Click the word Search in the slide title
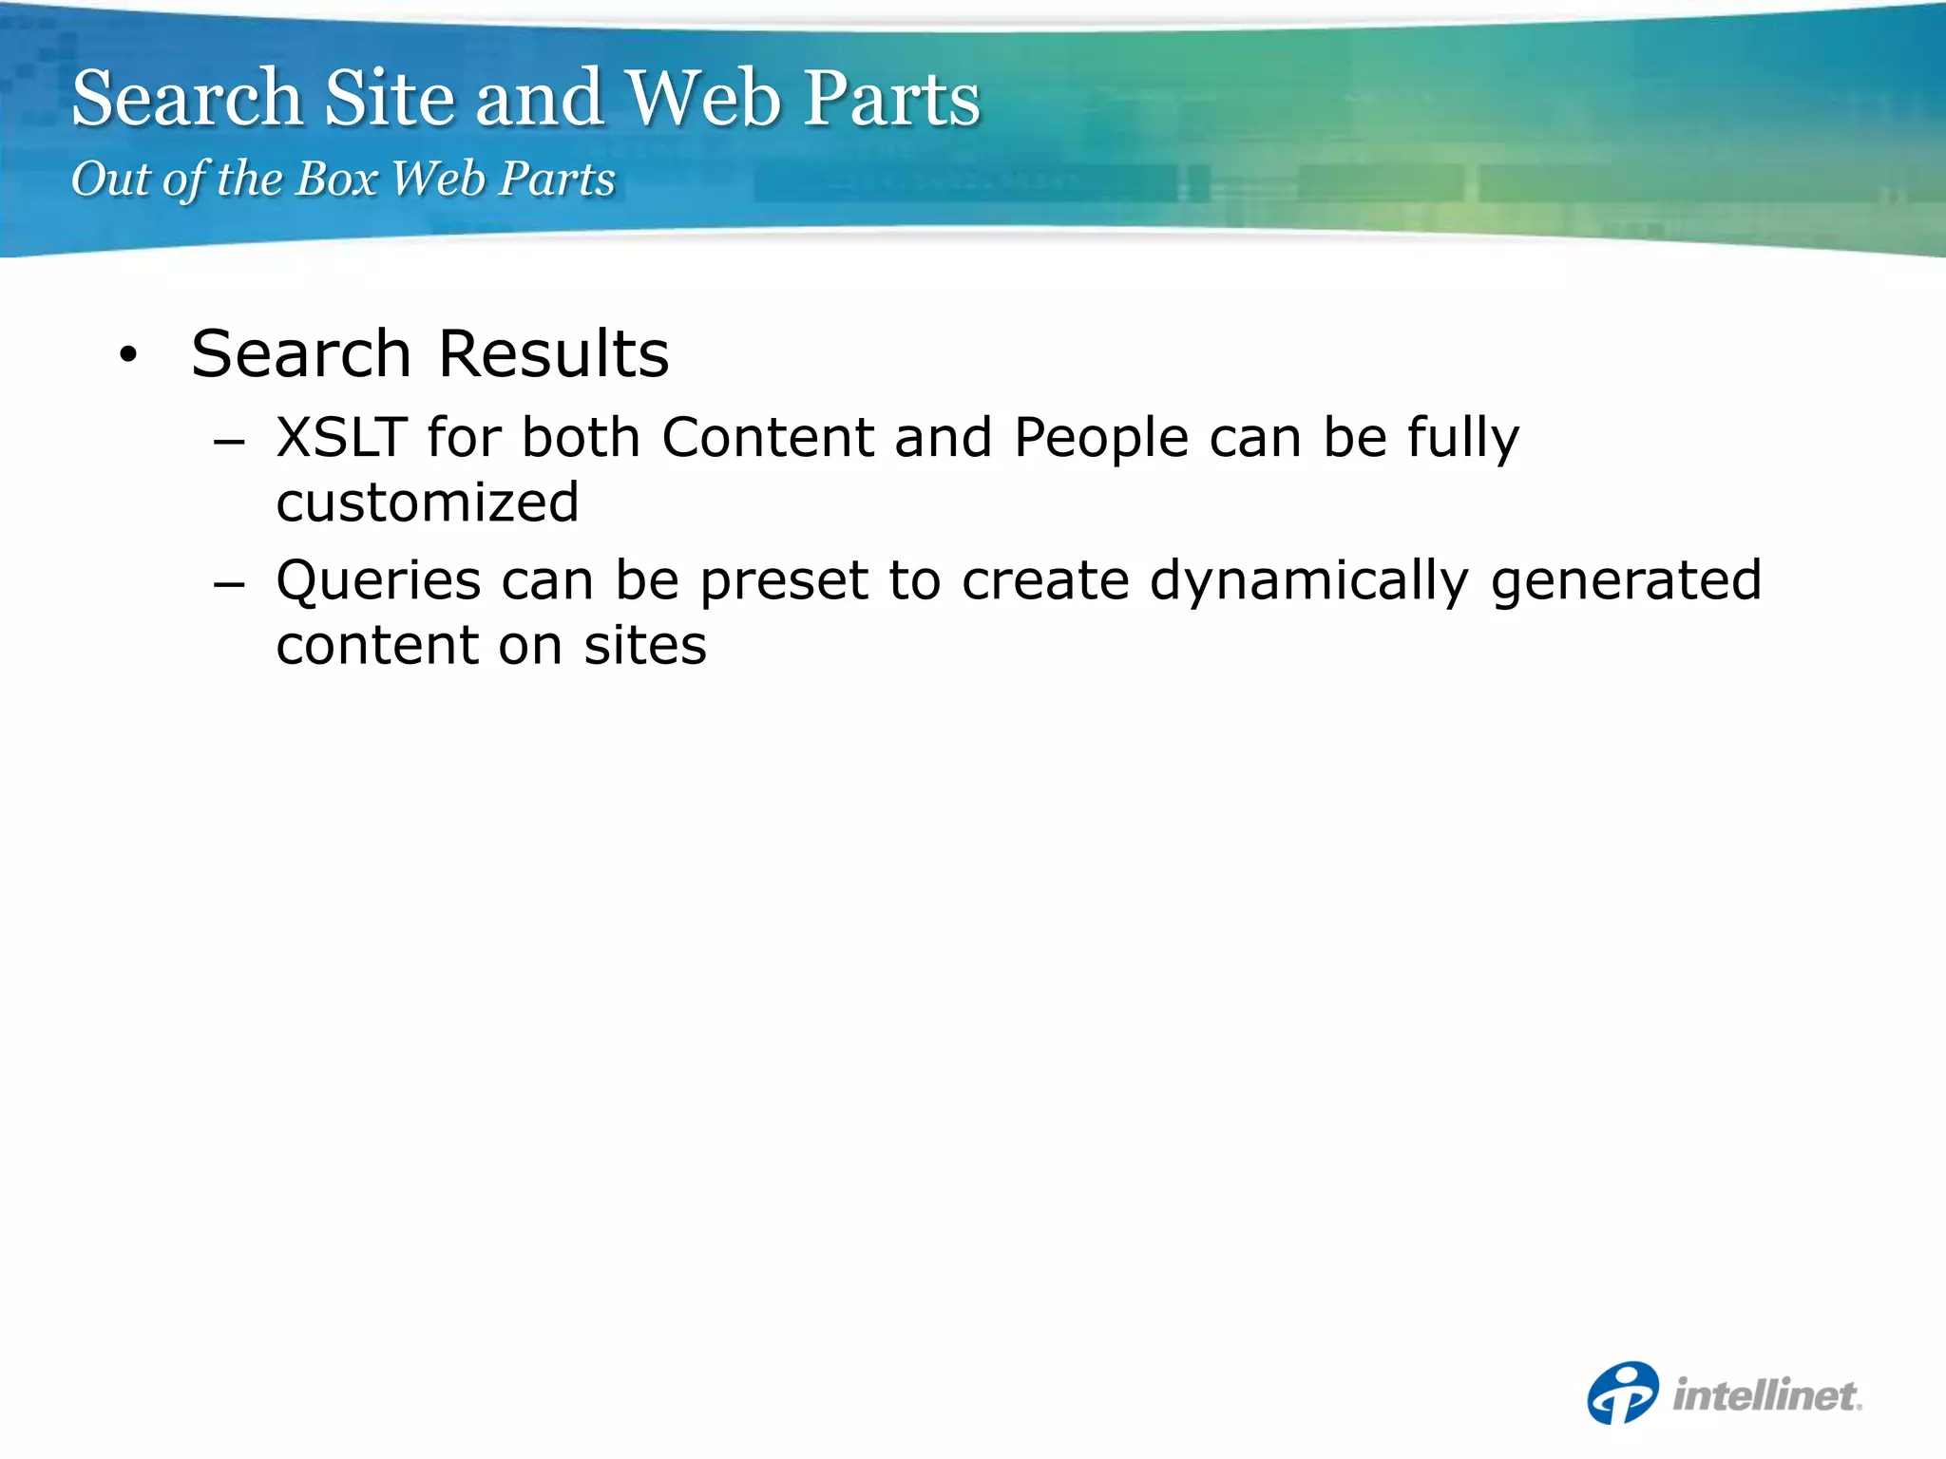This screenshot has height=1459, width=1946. (187, 98)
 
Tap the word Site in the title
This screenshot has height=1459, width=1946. (390, 98)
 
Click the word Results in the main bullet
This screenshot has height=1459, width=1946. (554, 354)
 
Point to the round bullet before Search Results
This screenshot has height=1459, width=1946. (128, 356)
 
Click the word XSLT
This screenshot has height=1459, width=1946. (341, 438)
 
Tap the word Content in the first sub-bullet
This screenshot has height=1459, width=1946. (768, 438)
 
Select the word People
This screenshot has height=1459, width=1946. (1101, 438)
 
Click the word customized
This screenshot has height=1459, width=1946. (428, 502)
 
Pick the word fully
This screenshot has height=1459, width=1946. (1463, 440)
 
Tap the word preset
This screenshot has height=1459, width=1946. (784, 582)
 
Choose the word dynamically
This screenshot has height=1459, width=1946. (1309, 582)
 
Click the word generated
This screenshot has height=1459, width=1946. (1626, 582)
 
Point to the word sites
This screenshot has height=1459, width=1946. (645, 646)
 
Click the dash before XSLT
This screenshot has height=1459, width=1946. (229, 443)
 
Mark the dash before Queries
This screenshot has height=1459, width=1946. (229, 585)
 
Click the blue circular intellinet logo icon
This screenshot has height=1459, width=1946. (1623, 1393)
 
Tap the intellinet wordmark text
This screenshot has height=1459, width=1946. (1766, 1395)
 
